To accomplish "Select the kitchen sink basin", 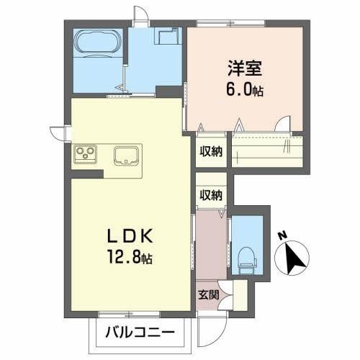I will pyautogui.click(x=127, y=155).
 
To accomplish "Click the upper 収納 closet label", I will pyautogui.click(x=211, y=151).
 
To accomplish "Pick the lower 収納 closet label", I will pyautogui.click(x=211, y=194).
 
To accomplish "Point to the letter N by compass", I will pyautogui.click(x=282, y=235).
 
